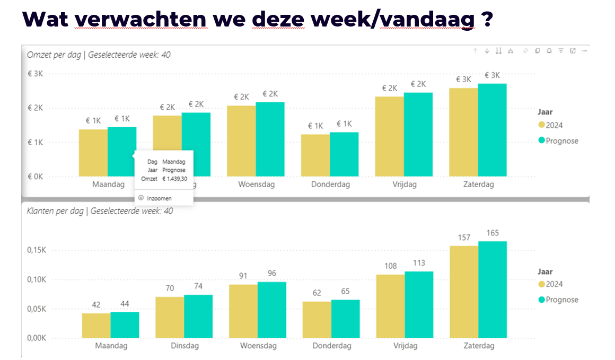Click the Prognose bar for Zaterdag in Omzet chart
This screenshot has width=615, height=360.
[x=492, y=130]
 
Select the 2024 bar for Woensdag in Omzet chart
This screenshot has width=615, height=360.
[x=241, y=141]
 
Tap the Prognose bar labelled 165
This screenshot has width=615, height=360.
[x=493, y=289]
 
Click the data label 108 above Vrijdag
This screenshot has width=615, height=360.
[x=390, y=266]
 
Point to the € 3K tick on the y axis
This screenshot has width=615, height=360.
[x=34, y=73]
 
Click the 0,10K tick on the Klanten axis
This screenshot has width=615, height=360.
[x=36, y=280]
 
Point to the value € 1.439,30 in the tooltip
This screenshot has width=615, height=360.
[x=174, y=180]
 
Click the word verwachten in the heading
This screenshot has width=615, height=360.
[x=140, y=19]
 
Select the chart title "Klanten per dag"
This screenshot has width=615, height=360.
[x=55, y=211]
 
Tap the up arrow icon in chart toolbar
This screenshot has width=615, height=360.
[x=475, y=51]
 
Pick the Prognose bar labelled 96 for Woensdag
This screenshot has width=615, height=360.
[x=272, y=310]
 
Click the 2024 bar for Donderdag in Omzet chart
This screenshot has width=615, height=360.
[x=315, y=155]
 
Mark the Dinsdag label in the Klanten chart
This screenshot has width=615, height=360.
[x=184, y=346]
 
